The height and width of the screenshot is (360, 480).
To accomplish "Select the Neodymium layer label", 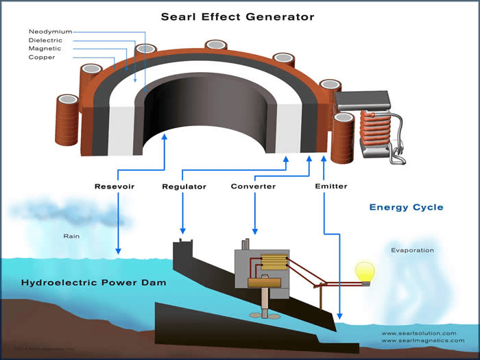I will pyautogui.click(x=50, y=32).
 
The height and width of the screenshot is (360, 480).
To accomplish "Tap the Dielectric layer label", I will pyautogui.click(x=45, y=40).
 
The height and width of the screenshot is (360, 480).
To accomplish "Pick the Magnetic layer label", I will pyautogui.click(x=45, y=49).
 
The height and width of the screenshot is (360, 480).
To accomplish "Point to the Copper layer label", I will pyautogui.click(x=41, y=58).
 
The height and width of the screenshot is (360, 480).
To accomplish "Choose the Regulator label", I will pyautogui.click(x=184, y=187).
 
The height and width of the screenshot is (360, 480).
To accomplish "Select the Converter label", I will pyautogui.click(x=253, y=187).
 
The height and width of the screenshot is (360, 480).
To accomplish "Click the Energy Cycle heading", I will pyautogui.click(x=406, y=207).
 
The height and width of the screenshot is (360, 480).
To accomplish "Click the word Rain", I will pyautogui.click(x=72, y=236).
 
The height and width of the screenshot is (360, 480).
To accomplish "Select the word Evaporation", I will pyautogui.click(x=412, y=250).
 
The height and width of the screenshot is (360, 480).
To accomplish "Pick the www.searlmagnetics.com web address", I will pyautogui.click(x=422, y=341).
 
